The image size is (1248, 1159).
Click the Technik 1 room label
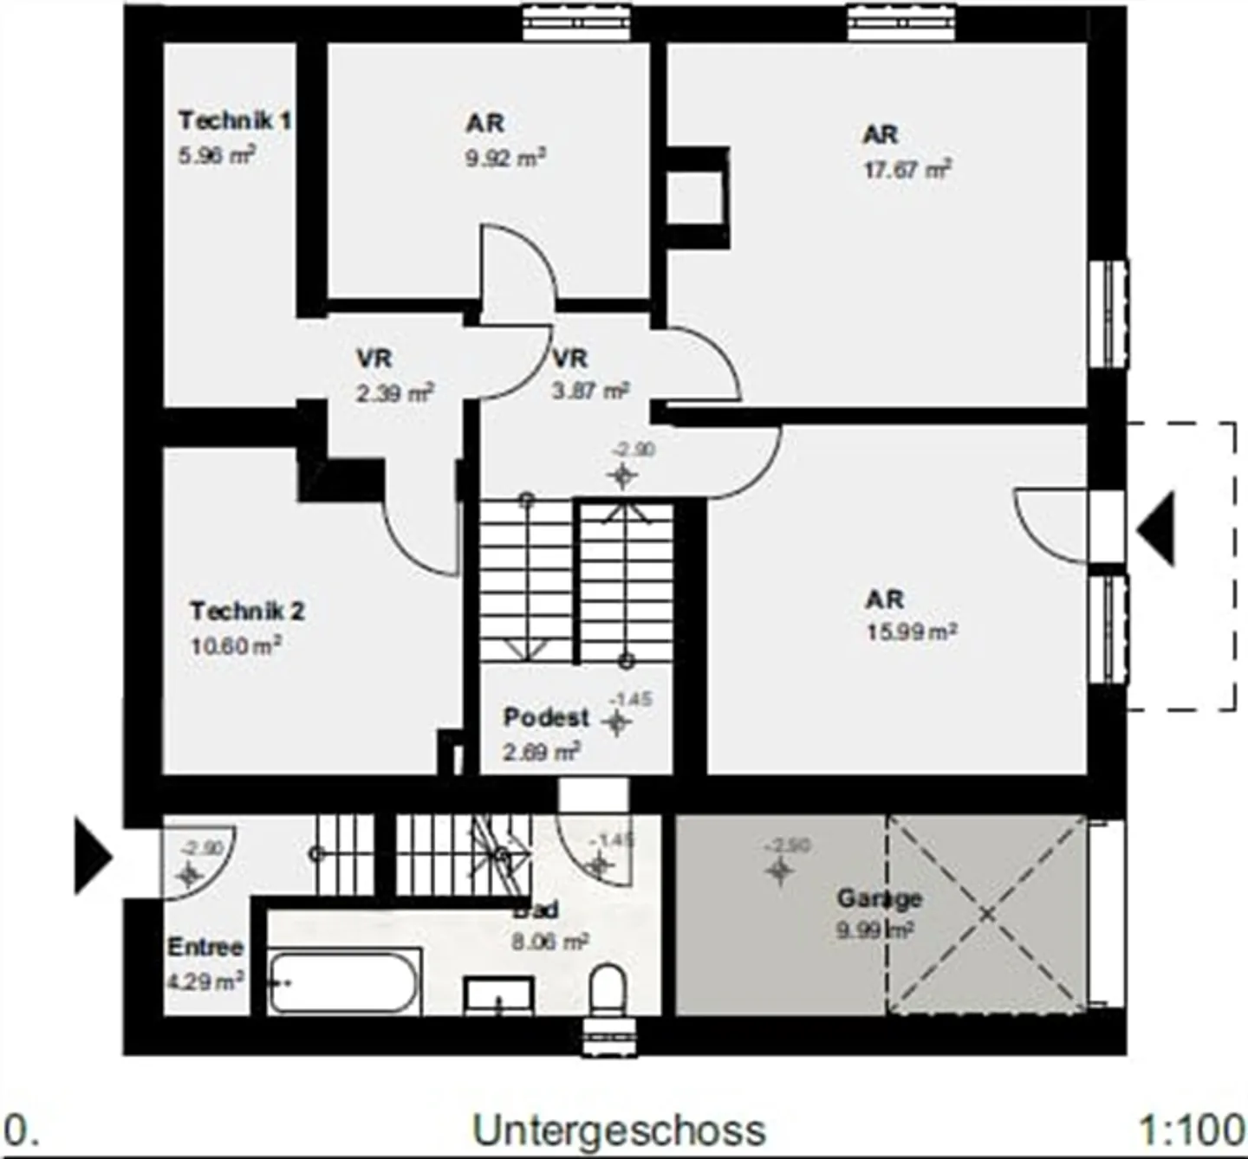(234, 120)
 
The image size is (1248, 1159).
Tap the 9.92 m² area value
(505, 159)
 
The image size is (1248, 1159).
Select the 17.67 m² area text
(907, 170)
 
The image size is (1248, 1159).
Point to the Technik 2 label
(247, 612)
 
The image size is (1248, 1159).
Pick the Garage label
(879, 898)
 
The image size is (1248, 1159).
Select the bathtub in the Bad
(344, 982)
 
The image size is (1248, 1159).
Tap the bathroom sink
(498, 996)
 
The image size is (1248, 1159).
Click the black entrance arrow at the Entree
(93, 856)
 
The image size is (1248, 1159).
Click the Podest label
(546, 718)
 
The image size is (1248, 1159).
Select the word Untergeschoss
(619, 1130)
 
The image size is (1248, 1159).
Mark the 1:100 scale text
(1192, 1130)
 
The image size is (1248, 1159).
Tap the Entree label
(205, 948)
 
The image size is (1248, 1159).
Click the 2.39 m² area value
(394, 394)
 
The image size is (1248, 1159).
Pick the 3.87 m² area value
(590, 392)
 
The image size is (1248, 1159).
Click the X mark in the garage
(986, 914)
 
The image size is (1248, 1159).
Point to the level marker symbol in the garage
(780, 871)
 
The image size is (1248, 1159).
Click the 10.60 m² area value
(236, 646)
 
